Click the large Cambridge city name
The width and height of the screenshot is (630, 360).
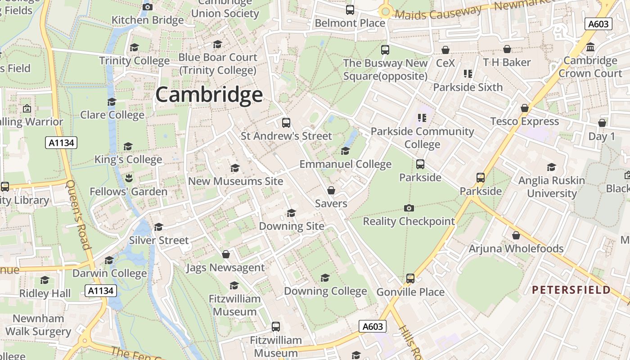pyautogui.click(x=209, y=95)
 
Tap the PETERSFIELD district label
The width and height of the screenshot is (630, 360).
pyautogui.click(x=571, y=289)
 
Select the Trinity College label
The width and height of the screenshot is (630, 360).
pyautogui.click(x=134, y=60)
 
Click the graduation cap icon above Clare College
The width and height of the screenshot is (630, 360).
pyautogui.click(x=112, y=102)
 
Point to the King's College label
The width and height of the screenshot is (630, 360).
pyautogui.click(x=128, y=159)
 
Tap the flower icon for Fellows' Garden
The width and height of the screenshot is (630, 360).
pyautogui.click(x=128, y=178)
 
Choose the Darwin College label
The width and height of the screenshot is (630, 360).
pyautogui.click(x=109, y=273)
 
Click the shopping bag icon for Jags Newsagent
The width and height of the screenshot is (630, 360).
pyautogui.click(x=226, y=254)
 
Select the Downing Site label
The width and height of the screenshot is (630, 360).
pyautogui.click(x=291, y=226)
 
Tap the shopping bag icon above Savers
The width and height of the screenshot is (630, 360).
pyautogui.click(x=331, y=190)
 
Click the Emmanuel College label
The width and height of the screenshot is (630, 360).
pyautogui.click(x=345, y=164)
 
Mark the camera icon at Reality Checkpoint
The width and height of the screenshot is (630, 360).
pyautogui.click(x=409, y=208)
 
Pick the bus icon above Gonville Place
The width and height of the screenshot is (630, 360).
pyautogui.click(x=410, y=279)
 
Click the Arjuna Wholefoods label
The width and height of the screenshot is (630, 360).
pyautogui.click(x=516, y=248)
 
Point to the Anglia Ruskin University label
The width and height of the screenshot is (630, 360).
pyautogui.click(x=552, y=187)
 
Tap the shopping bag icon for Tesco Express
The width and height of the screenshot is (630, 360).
pyautogui.click(x=524, y=108)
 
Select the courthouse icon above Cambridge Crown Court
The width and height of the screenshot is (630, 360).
pyautogui.click(x=590, y=47)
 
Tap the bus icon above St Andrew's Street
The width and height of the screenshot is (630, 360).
pyautogui.click(x=286, y=122)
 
